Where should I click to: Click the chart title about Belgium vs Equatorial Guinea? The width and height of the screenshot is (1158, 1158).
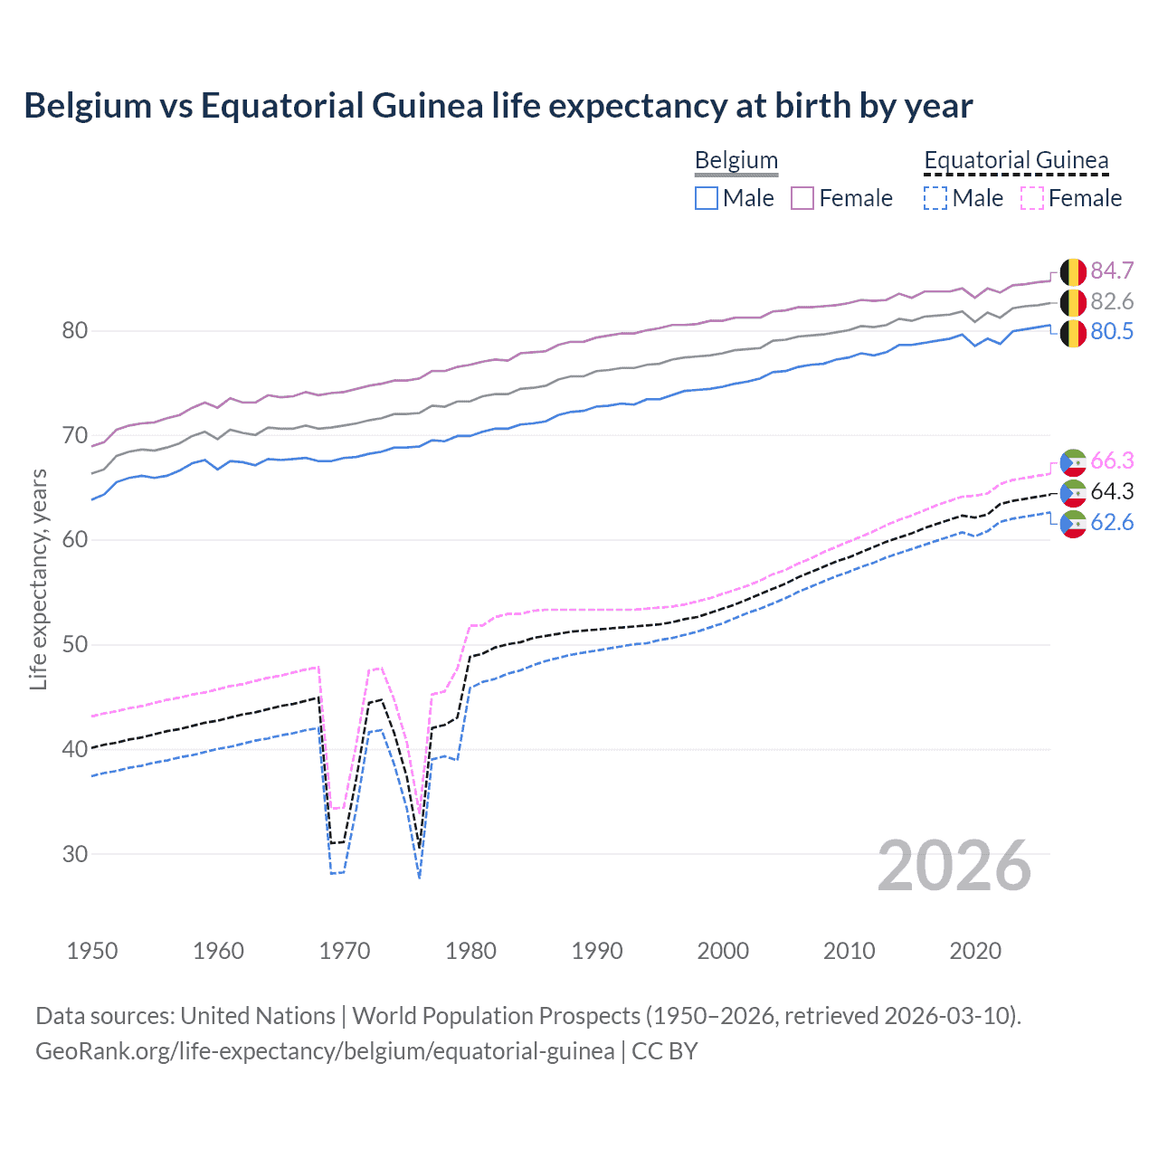click(x=498, y=106)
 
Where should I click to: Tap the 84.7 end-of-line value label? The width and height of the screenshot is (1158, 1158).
click(x=1112, y=271)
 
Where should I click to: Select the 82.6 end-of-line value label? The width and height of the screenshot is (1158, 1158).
click(x=1112, y=301)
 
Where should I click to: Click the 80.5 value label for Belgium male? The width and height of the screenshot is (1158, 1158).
click(x=1112, y=332)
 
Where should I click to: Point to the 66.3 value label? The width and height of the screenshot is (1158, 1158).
click(x=1112, y=461)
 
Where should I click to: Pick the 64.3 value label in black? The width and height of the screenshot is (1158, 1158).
click(x=1112, y=491)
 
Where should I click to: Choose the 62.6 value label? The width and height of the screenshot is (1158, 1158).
click(x=1112, y=522)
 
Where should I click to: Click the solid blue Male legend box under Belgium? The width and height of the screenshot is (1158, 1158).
click(x=707, y=198)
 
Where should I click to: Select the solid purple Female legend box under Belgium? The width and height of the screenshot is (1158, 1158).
click(x=802, y=198)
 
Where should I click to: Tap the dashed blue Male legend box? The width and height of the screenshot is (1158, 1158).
click(x=935, y=198)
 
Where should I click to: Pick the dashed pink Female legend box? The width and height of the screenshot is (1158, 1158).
click(x=1032, y=198)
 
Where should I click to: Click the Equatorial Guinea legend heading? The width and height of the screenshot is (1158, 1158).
click(x=1016, y=161)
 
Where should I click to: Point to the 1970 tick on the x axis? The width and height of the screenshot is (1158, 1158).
click(x=345, y=951)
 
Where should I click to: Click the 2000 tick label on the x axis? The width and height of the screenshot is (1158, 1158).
click(x=723, y=951)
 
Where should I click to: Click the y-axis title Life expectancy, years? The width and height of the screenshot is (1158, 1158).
click(x=38, y=579)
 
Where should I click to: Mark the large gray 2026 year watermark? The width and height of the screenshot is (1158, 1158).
click(x=954, y=866)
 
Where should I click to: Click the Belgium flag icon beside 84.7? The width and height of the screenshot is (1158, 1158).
click(x=1073, y=271)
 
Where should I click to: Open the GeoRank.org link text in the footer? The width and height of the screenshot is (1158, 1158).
click(x=325, y=1051)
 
